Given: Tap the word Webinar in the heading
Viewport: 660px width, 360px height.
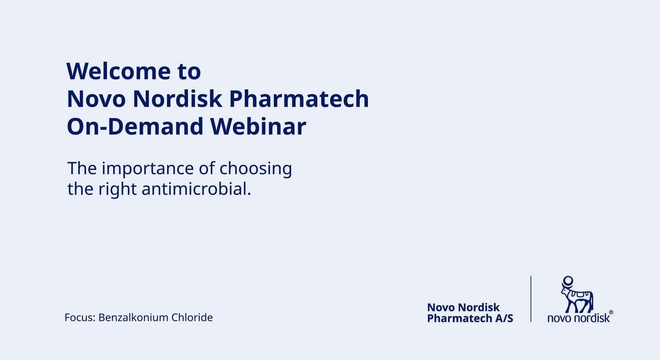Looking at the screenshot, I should point(259,126).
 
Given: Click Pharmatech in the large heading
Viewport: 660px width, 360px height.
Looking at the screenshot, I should point(299,99).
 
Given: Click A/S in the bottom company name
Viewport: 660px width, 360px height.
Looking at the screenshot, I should point(504,318).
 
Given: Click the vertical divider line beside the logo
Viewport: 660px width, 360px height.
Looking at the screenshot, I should point(531,299).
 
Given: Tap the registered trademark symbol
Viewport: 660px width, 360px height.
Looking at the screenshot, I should point(611,312).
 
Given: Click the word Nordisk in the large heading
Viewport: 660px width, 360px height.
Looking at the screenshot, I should point(177,99).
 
